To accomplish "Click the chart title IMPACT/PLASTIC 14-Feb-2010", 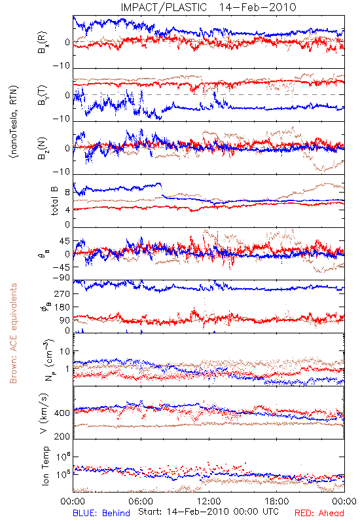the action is (x=208, y=7).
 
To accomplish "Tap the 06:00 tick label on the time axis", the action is (x=141, y=502).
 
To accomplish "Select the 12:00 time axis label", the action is (x=209, y=502).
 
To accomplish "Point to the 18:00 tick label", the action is (x=277, y=502).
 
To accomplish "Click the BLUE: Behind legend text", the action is (x=101, y=513).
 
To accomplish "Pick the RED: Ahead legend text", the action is (x=319, y=513).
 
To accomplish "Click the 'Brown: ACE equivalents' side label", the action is (x=13, y=333).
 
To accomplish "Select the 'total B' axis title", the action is (x=54, y=201).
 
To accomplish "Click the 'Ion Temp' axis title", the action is (x=45, y=466).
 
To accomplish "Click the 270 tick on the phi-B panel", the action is (x=62, y=293).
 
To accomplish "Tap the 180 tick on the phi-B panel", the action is (x=62, y=307).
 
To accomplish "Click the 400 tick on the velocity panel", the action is (x=62, y=413).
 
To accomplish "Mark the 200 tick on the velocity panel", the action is (x=62, y=436).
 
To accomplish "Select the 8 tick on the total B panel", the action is (x=67, y=193).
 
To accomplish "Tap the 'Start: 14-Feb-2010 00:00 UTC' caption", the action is (x=208, y=512).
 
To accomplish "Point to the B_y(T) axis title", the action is (x=42, y=95).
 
